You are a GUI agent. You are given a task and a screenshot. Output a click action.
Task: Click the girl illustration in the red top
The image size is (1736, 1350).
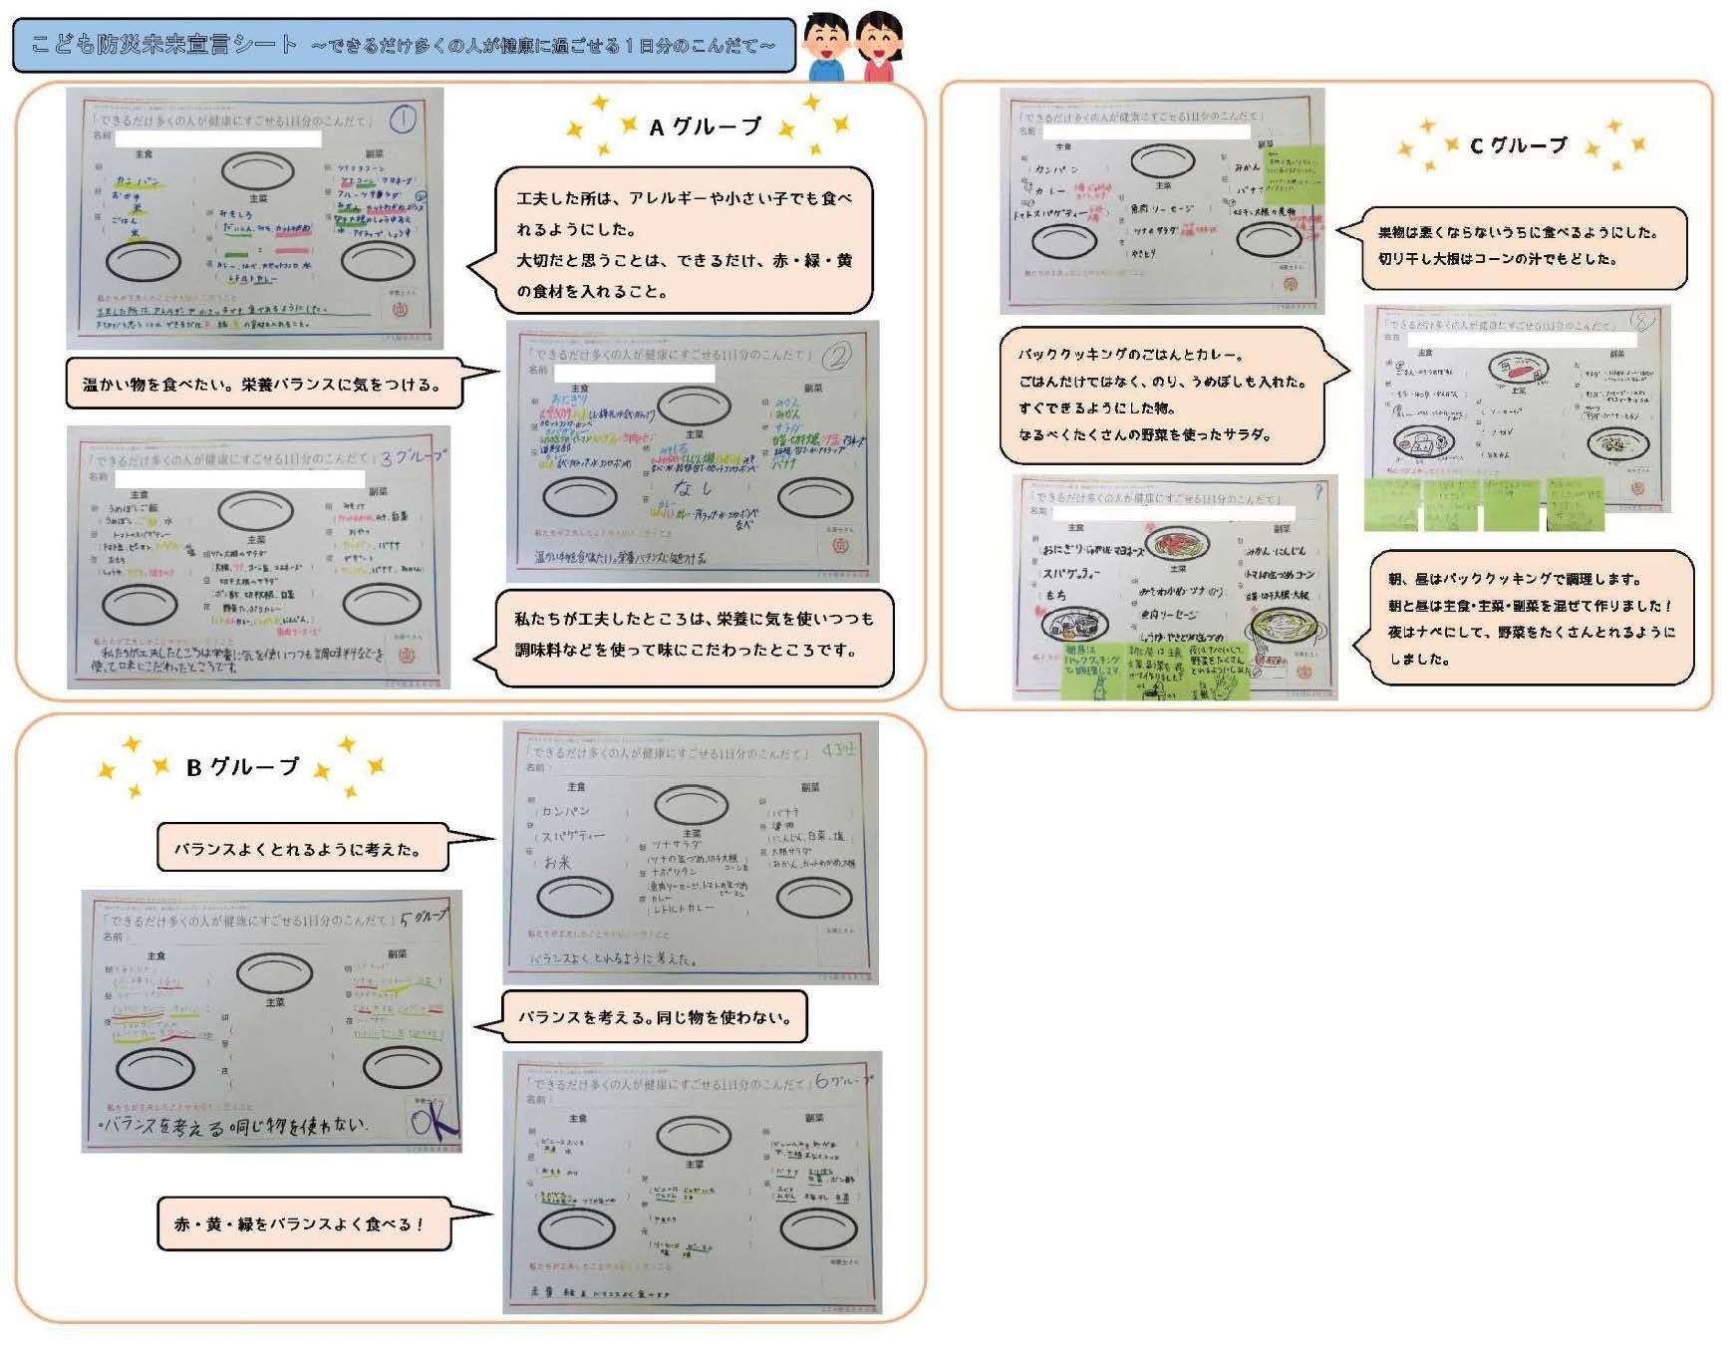point(879,46)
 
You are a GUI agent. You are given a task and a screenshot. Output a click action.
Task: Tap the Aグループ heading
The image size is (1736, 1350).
point(706,128)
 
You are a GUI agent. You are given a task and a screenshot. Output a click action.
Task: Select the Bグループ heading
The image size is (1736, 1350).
point(242,767)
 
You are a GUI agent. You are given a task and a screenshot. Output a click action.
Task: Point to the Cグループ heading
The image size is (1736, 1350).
point(1518,145)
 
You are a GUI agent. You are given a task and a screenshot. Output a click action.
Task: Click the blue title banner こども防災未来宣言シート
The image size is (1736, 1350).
point(404,45)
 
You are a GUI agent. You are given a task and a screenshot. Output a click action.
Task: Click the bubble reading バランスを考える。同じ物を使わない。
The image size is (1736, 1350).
point(654,1017)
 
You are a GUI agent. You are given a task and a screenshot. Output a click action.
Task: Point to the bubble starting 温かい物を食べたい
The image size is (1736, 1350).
point(264,384)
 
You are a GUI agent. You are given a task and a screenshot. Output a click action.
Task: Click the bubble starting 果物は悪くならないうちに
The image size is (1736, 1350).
point(1523,246)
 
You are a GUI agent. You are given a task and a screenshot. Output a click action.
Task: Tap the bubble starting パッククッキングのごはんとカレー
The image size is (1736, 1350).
point(1162,395)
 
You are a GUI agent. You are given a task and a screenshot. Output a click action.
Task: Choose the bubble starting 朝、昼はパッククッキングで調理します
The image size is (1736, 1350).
point(1531,618)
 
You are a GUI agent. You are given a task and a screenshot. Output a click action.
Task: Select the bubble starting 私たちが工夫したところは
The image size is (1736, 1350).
point(694,636)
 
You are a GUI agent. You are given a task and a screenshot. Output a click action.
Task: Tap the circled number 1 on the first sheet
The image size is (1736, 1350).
point(402,120)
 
